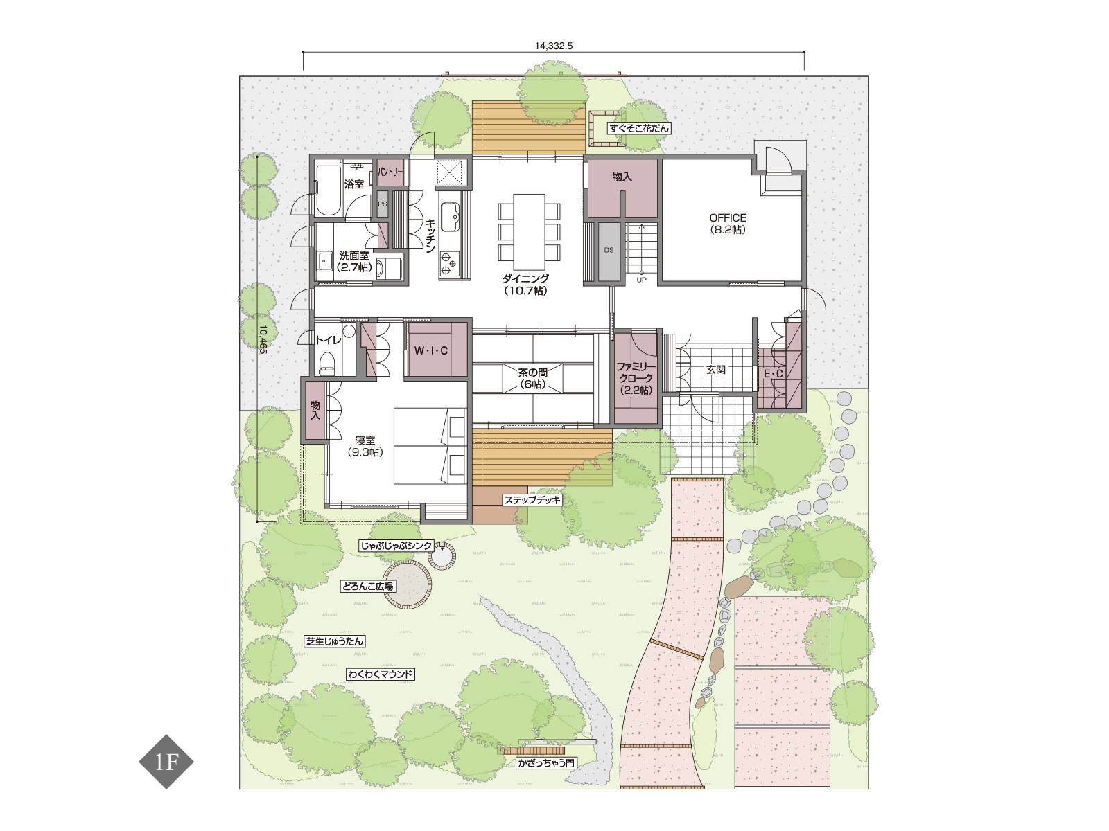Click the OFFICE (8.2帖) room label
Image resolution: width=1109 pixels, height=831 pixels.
(728, 224)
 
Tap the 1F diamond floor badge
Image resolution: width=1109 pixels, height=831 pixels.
(166, 762)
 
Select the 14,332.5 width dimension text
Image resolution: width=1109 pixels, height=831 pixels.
(554, 46)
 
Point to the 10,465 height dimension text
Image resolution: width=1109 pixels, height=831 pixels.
(263, 339)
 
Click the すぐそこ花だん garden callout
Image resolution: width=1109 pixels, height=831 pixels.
(639, 128)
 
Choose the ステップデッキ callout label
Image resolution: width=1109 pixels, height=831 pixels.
(532, 500)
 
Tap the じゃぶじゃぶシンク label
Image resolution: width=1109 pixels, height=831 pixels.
(396, 546)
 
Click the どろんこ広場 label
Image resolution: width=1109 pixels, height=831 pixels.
(367, 587)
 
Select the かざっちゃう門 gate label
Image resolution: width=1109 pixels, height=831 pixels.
(546, 763)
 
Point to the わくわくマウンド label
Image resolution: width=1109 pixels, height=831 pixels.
(381, 674)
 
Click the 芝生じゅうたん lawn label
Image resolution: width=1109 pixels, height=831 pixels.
(335, 641)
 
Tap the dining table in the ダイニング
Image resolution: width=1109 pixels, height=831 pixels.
(530, 232)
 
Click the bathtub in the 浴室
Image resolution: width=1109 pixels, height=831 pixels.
(329, 190)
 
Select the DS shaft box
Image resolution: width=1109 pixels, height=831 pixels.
(609, 251)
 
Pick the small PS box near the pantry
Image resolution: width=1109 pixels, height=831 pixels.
(383, 204)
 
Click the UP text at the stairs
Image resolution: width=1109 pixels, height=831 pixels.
(641, 280)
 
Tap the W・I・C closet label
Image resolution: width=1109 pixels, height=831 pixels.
(431, 350)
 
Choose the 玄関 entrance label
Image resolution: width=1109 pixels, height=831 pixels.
(715, 370)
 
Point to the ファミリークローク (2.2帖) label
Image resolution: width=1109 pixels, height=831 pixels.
(636, 378)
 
